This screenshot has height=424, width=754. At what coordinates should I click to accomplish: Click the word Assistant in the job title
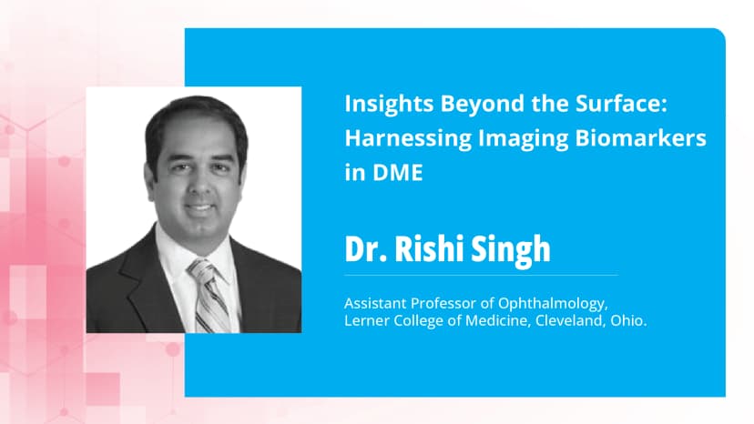[x=375, y=303]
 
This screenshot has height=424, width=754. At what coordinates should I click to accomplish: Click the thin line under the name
[x=481, y=274]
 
